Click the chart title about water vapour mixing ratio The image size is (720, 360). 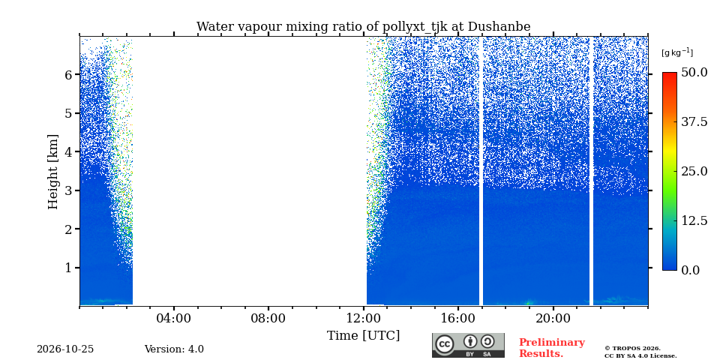tap(363, 27)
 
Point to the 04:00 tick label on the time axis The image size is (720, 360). tap(174, 318)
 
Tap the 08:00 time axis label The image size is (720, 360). tap(268, 318)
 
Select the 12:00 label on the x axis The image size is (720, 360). tap(364, 318)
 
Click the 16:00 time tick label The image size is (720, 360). tap(458, 318)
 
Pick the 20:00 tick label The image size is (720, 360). tap(553, 318)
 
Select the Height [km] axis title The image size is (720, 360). tap(54, 172)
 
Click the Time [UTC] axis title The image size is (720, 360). tap(363, 336)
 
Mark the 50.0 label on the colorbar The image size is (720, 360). tap(694, 72)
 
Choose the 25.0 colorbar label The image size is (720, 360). tap(694, 171)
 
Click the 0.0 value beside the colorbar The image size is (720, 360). tap(691, 270)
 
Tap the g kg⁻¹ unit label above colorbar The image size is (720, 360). tap(677, 52)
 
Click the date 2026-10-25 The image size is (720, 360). tap(65, 349)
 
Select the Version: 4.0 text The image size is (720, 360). tap(174, 349)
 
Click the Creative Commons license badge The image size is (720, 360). tap(468, 345)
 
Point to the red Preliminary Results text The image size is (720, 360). tap(552, 348)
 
